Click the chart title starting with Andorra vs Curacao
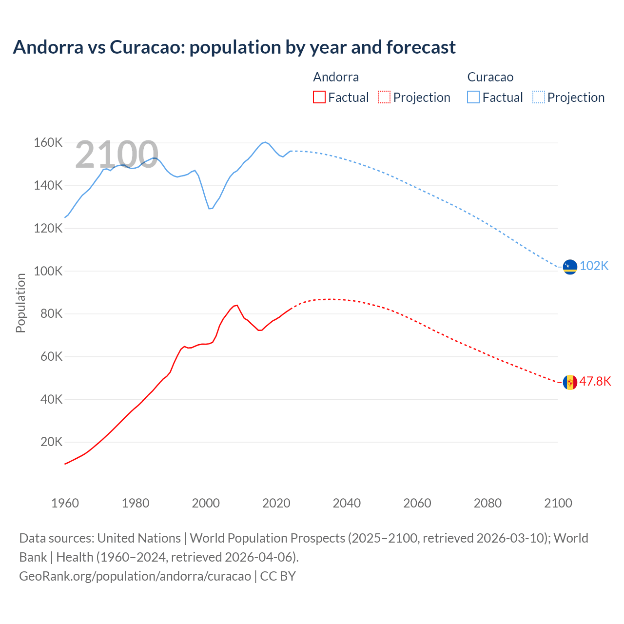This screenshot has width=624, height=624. pyautogui.click(x=234, y=47)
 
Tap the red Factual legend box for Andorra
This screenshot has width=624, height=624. pyautogui.click(x=319, y=97)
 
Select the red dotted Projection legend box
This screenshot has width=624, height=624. pyautogui.click(x=384, y=97)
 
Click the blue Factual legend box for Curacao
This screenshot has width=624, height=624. pyautogui.click(x=473, y=97)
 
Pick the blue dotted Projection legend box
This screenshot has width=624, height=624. pyautogui.click(x=538, y=97)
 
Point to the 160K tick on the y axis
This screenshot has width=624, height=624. pyautogui.click(x=48, y=143)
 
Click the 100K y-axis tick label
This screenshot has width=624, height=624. pyautogui.click(x=48, y=271)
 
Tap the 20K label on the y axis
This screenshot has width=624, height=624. pyautogui.click(x=51, y=442)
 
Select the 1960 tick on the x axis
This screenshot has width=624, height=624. pyautogui.click(x=65, y=503)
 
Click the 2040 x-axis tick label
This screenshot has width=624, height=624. pyautogui.click(x=347, y=503)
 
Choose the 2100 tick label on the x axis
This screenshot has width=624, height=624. pyautogui.click(x=558, y=503)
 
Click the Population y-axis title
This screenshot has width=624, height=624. pyautogui.click(x=20, y=303)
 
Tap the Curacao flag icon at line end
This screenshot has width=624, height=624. pyautogui.click(x=570, y=267)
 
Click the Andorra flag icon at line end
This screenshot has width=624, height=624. pyautogui.click(x=570, y=382)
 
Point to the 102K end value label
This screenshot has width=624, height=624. pyautogui.click(x=594, y=266)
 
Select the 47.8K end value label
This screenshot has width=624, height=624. pyautogui.click(x=595, y=381)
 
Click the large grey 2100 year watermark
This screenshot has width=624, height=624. pyautogui.click(x=117, y=155)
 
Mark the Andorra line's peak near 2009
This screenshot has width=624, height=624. pyautogui.click(x=236, y=305)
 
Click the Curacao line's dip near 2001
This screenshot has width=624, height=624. pyautogui.click(x=210, y=209)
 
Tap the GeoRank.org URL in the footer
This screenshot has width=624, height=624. pyautogui.click(x=135, y=576)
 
